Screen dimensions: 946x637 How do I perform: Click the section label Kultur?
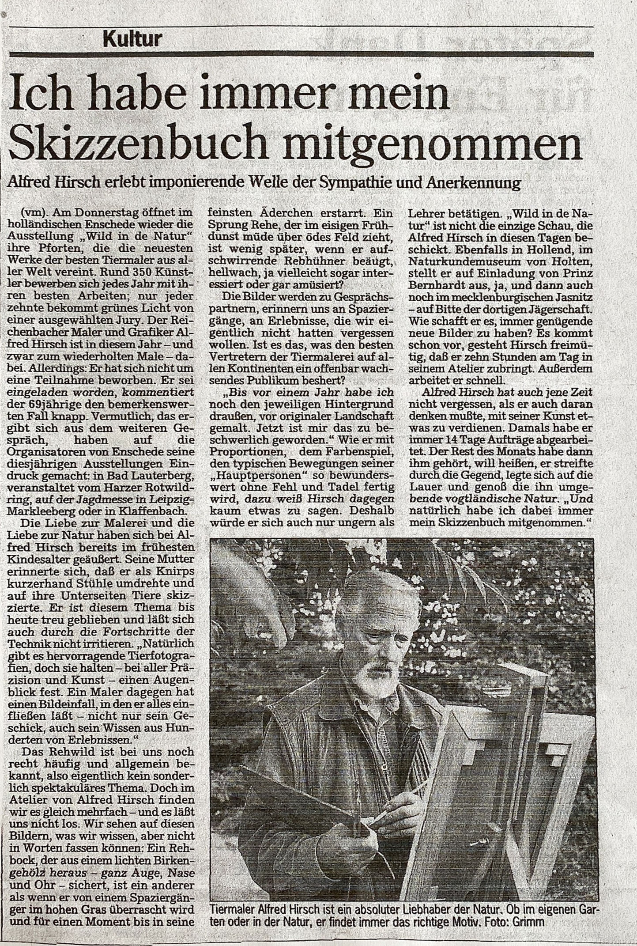[x=132, y=40]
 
